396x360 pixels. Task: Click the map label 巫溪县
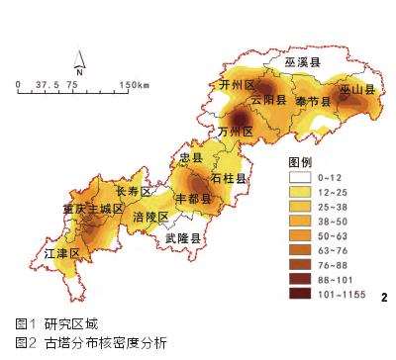tap(303, 61)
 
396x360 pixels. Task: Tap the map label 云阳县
tap(267, 101)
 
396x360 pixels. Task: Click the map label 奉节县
tap(309, 101)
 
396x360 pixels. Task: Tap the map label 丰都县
tap(193, 198)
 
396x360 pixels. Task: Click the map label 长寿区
tap(134, 190)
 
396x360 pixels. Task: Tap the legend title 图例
tap(300, 161)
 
